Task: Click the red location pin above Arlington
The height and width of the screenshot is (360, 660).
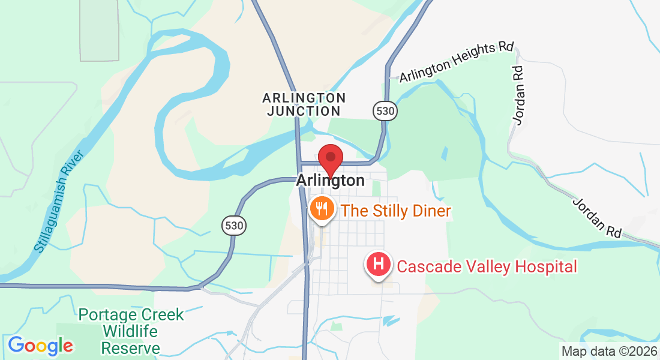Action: click(x=330, y=159)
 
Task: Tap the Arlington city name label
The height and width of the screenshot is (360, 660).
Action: click(x=330, y=181)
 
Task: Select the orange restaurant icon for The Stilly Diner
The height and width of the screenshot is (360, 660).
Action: click(x=322, y=209)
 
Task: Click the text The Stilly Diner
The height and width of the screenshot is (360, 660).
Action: click(x=395, y=211)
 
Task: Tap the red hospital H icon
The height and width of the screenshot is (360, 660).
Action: click(x=379, y=264)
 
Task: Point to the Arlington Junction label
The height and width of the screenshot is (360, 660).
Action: click(x=304, y=104)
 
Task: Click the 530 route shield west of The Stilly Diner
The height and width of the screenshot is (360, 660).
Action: click(x=233, y=226)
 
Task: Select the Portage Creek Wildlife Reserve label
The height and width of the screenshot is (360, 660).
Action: click(x=131, y=331)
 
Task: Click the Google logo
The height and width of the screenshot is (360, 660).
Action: click(x=40, y=346)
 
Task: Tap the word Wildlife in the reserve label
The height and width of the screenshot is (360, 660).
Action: click(x=130, y=331)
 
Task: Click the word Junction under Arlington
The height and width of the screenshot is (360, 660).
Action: click(x=304, y=111)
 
